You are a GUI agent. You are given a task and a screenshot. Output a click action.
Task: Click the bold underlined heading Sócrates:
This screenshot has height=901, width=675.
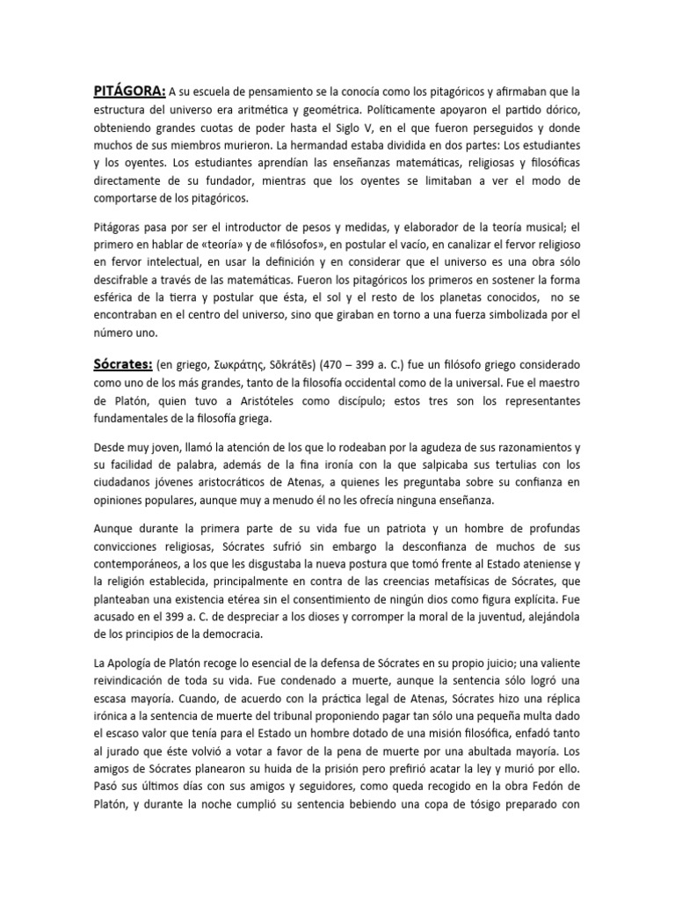(x=123, y=364)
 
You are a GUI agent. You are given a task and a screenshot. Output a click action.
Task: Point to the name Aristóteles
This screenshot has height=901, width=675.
(x=264, y=400)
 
